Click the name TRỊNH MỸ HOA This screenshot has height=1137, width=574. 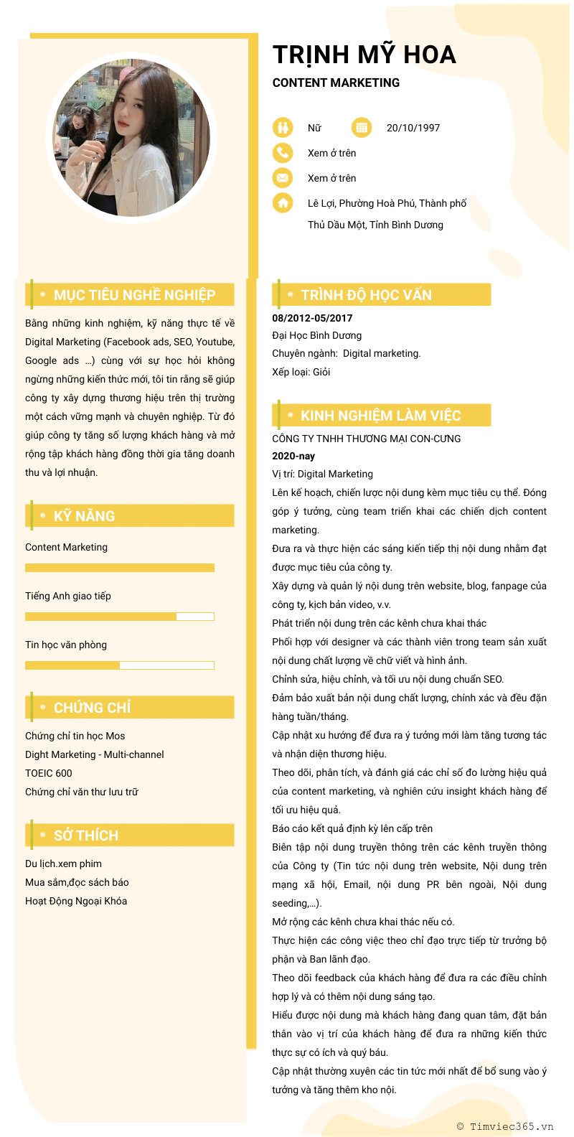364,55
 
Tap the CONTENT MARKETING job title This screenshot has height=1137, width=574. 336,83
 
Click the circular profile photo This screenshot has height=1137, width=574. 131,139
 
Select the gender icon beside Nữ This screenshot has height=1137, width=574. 283,128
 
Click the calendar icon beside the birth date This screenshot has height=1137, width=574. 361,128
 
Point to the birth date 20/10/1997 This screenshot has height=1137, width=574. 413,128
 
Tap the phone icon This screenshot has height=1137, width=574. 283,153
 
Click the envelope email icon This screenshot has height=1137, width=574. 283,178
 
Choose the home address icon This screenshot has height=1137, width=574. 283,203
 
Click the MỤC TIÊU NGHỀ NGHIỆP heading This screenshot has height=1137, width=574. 134,295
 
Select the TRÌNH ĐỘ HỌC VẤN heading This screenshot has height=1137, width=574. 366,295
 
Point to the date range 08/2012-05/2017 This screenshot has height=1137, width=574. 312,318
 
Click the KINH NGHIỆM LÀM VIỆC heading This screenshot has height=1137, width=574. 380,416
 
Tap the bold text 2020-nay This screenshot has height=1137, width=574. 293,456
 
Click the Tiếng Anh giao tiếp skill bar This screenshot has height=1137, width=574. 120,617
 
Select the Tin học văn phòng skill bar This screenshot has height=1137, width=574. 120,665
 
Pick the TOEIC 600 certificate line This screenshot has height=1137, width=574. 49,773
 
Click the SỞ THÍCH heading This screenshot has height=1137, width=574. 86,836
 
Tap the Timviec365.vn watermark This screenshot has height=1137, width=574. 505,1126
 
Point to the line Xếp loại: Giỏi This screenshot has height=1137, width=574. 301,372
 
